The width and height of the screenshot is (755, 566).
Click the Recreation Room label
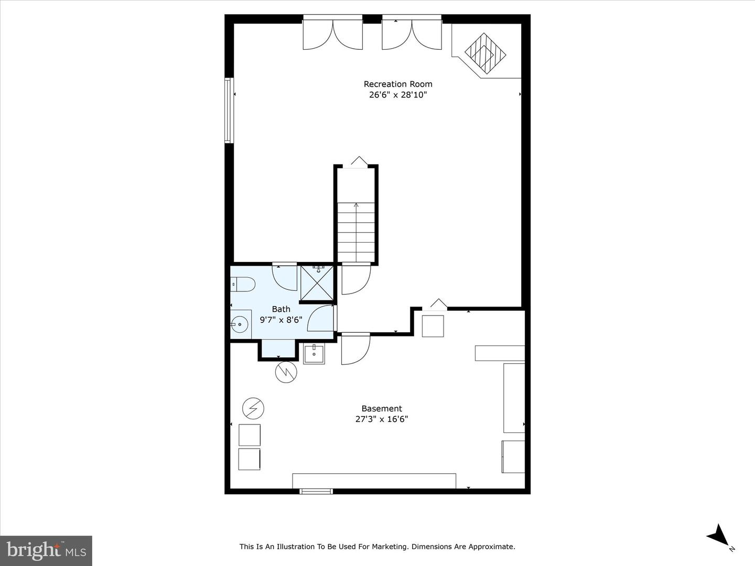[x=398, y=84]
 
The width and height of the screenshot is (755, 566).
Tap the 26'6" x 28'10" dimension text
[x=398, y=95]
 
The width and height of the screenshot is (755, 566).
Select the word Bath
[x=281, y=309]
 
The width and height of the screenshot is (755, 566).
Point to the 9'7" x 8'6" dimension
[x=281, y=320]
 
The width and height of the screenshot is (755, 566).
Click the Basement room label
[x=382, y=409]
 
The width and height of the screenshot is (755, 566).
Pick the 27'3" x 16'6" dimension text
[x=382, y=419]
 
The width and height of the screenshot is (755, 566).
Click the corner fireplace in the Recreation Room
[x=486, y=53]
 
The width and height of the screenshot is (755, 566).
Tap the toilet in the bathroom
[x=243, y=284]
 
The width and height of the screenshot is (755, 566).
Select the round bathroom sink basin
[x=240, y=324]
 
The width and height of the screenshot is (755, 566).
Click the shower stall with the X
[x=317, y=283]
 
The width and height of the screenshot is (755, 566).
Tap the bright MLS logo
[x=46, y=550]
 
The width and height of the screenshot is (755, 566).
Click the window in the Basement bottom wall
[x=316, y=492]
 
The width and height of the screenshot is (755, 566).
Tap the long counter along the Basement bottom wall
[x=374, y=481]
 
